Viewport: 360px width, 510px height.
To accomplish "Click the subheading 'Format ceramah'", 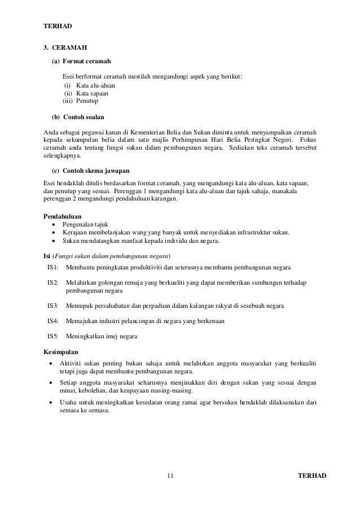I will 86,61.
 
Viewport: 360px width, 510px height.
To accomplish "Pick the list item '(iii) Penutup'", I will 80,101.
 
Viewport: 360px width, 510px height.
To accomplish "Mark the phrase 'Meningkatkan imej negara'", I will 102,337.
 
